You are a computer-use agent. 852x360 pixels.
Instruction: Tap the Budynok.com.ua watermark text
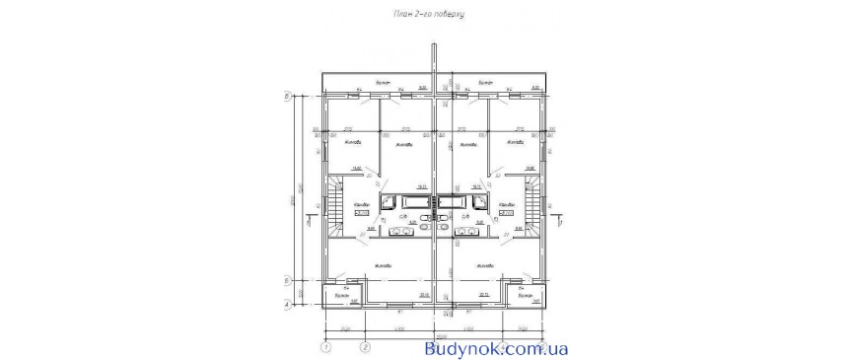(496, 348)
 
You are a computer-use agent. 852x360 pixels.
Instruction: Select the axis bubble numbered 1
(324, 347)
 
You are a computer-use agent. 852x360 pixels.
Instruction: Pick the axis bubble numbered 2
(366, 347)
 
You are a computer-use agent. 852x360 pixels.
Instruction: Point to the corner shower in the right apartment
(479, 202)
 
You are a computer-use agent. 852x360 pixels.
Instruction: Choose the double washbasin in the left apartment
(402, 233)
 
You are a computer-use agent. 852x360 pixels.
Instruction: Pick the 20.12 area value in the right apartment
(485, 294)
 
